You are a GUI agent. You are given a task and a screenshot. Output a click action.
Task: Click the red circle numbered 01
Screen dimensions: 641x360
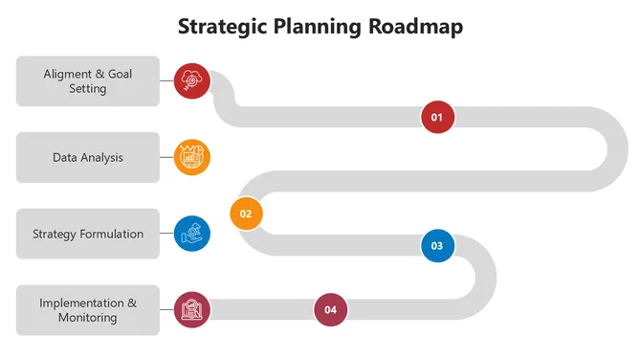[437, 117]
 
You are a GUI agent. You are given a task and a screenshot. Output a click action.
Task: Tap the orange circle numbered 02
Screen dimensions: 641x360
[246, 214]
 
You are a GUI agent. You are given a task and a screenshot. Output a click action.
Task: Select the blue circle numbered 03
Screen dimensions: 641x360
[437, 245]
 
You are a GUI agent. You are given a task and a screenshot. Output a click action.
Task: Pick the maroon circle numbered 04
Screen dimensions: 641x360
[330, 309]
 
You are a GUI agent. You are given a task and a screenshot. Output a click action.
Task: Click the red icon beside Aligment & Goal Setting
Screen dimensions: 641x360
[191, 79]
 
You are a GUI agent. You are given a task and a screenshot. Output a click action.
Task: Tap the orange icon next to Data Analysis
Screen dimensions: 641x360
[191, 156]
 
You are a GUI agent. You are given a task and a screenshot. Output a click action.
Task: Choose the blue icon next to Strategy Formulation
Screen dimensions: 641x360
[191, 233]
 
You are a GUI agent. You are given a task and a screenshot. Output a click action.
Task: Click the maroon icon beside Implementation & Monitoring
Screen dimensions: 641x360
[191, 309]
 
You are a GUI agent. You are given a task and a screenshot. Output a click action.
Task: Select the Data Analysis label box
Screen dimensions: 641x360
[88, 157]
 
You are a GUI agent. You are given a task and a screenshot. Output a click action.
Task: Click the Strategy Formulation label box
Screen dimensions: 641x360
[88, 234]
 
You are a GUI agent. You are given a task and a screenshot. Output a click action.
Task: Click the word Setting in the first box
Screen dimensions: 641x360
[88, 89]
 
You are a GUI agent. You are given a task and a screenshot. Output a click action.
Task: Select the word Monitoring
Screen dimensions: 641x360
[88, 318]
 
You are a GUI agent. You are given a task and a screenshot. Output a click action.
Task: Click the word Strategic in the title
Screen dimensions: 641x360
[224, 26]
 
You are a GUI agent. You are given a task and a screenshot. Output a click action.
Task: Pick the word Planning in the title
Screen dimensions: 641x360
[321, 26]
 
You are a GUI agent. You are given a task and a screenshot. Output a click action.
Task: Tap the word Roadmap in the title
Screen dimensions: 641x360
[418, 26]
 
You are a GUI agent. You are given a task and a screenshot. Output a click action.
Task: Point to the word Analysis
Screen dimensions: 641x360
[102, 157]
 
